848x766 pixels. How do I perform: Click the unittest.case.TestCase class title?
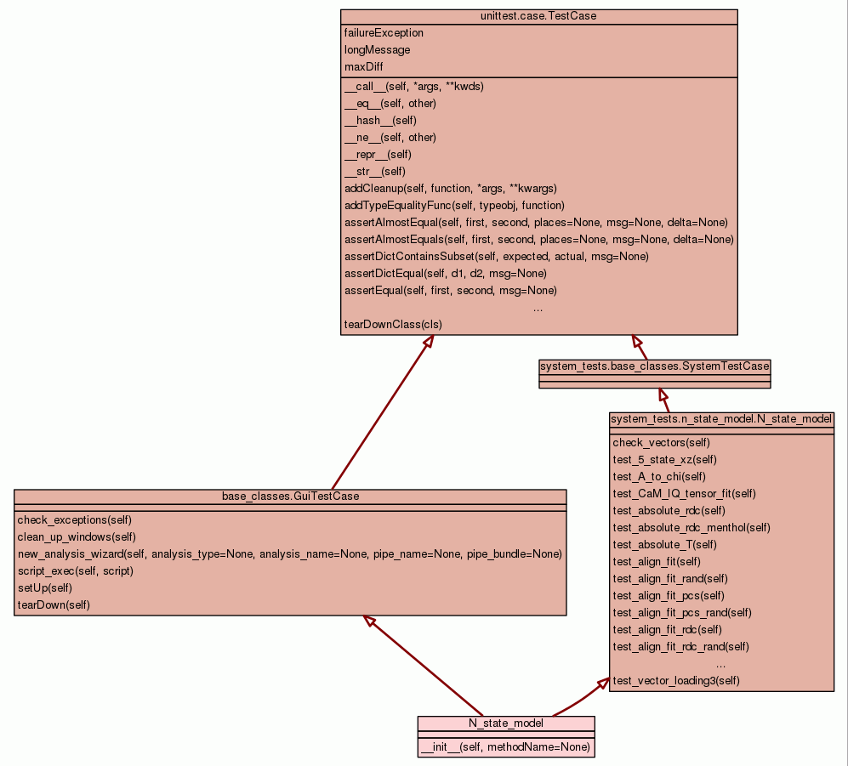[x=538, y=17]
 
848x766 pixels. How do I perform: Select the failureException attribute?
[x=384, y=33]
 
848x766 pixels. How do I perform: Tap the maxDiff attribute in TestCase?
[x=363, y=66]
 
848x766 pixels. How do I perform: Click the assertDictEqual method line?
[x=445, y=273]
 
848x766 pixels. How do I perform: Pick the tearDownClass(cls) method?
[x=393, y=324]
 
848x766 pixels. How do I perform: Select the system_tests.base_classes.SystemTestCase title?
[x=654, y=366]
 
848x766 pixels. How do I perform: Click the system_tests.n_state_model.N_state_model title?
[x=721, y=419]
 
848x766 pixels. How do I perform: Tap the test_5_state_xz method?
[x=664, y=459]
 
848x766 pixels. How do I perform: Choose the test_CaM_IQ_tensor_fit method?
[x=684, y=493]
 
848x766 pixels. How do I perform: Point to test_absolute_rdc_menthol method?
[x=691, y=527]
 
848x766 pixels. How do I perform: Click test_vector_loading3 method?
[x=676, y=680]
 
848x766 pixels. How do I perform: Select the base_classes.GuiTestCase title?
[x=290, y=496]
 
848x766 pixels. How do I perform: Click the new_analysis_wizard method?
[x=289, y=553]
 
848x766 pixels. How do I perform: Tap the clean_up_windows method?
[x=77, y=536]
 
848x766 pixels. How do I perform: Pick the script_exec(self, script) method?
[x=75, y=570]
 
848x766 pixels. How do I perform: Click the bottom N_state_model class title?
[x=506, y=723]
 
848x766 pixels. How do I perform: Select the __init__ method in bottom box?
[x=504, y=747]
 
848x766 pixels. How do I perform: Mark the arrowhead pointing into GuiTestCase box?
[x=370, y=621]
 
